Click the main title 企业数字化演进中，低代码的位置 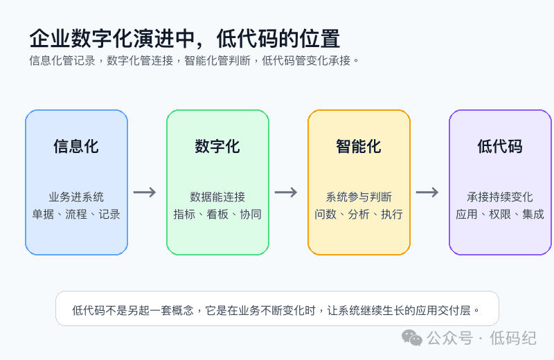tap(185, 39)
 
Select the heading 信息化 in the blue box tap(76, 146)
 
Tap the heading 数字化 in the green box tap(217, 146)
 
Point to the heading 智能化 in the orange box tap(359, 146)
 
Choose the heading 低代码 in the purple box tap(500, 146)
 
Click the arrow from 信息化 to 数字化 tap(145, 192)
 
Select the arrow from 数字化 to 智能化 tap(286, 192)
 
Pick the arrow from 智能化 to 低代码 tap(427, 192)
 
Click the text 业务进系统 tap(76, 197)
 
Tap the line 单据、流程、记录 tap(76, 214)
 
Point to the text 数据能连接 tap(217, 197)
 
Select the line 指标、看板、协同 tap(217, 214)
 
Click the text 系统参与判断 tap(359, 197)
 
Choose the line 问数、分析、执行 tap(359, 214)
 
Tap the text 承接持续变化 tap(500, 197)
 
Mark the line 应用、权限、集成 tap(500, 214)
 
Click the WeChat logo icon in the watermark tap(412, 337)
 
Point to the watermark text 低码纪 tap(513, 338)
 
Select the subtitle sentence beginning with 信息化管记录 tap(194, 61)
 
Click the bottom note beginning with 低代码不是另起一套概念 tap(276, 310)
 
